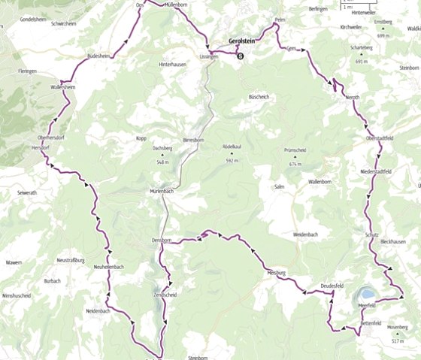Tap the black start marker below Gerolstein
[x=241, y=55]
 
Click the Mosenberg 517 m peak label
[x=398, y=331]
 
